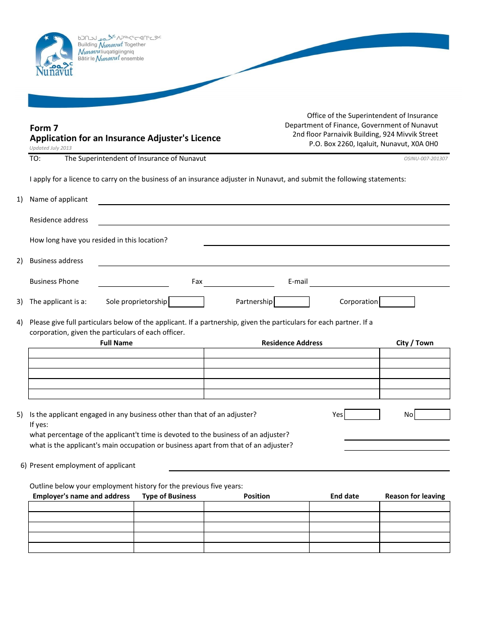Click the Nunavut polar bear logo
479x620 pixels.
click(x=54, y=54)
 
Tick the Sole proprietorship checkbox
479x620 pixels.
click(x=186, y=302)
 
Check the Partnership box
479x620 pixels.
click(x=291, y=302)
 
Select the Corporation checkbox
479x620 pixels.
click(x=397, y=302)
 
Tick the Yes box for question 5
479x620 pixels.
click(x=362, y=415)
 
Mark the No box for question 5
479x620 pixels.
click(x=432, y=415)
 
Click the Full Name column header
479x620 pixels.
click(x=116, y=343)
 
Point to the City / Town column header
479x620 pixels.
click(x=414, y=343)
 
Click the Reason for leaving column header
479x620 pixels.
click(x=414, y=496)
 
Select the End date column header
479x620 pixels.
click(x=344, y=496)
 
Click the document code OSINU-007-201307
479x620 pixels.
click(x=426, y=158)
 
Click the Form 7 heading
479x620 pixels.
click(x=44, y=128)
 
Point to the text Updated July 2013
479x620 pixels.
click(x=50, y=148)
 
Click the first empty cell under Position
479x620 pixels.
click(x=256, y=507)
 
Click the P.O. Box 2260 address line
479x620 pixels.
click(x=373, y=144)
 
